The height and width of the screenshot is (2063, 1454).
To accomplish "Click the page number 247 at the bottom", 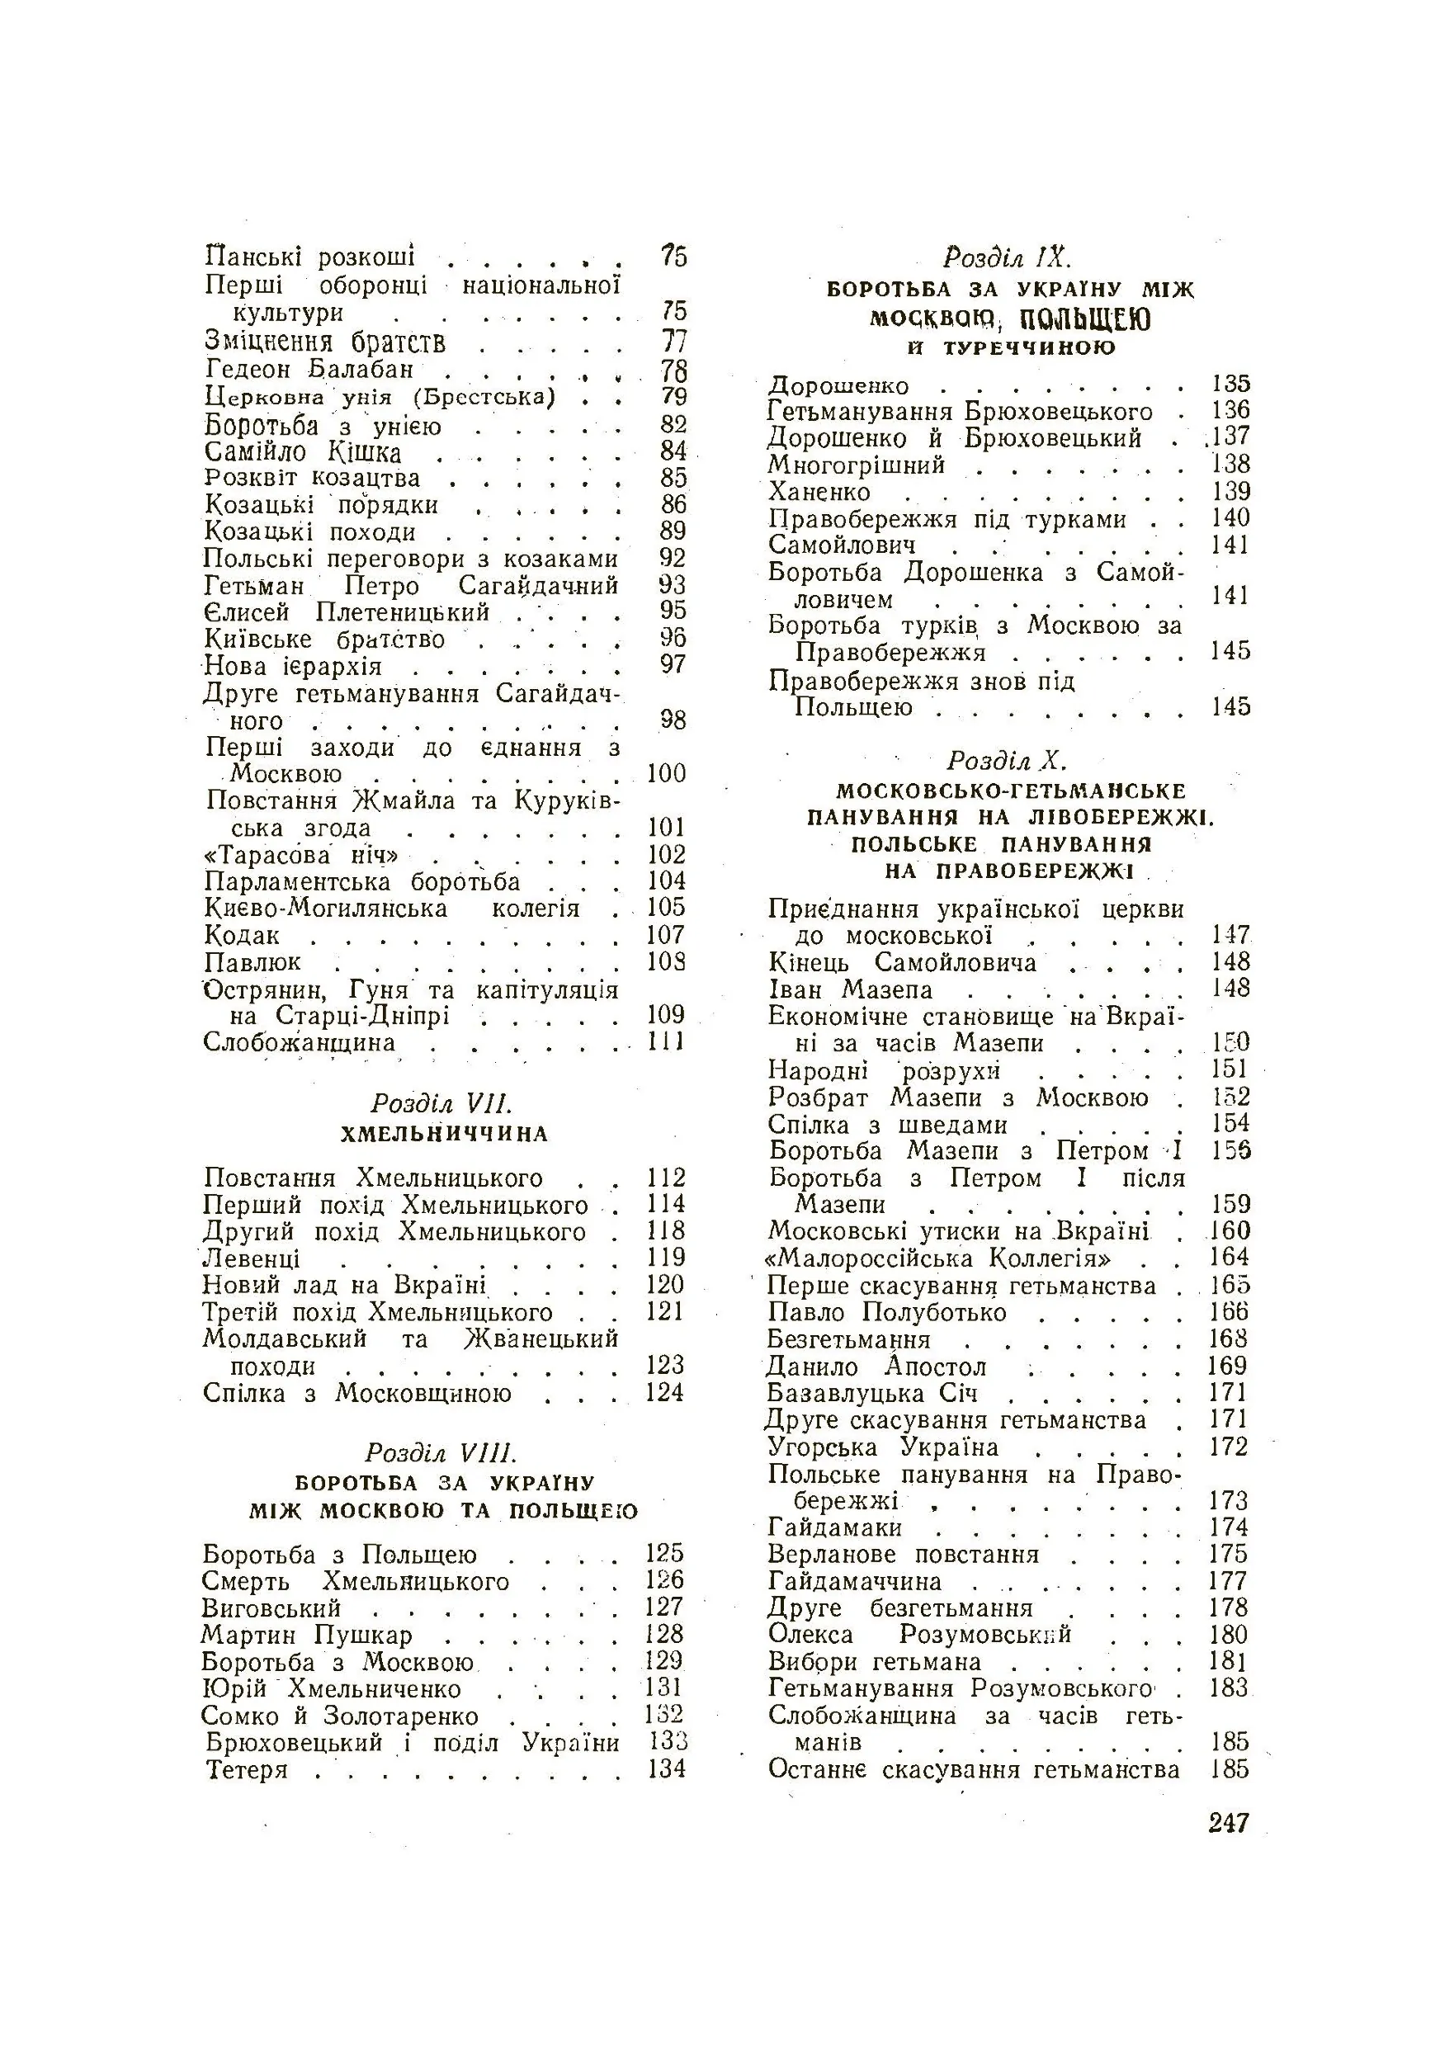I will [1229, 1822].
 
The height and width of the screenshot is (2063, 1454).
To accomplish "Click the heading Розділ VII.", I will [441, 1103].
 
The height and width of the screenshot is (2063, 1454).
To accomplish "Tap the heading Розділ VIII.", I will [441, 1453].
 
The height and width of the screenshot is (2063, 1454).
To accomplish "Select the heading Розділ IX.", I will [1008, 257].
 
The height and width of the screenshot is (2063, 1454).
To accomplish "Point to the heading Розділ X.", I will [1008, 761].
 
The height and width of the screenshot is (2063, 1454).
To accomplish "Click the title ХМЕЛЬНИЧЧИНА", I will [444, 1134].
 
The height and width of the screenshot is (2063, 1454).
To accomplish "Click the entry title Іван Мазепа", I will [850, 990].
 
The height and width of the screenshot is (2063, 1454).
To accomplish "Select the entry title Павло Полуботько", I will [887, 1313].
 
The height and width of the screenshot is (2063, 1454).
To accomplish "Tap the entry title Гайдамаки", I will [835, 1527].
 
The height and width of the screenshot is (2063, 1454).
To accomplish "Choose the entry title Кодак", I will [242, 935].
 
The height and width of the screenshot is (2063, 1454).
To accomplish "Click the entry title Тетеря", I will [246, 1770].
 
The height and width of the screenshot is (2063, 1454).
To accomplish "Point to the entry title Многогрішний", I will [856, 465].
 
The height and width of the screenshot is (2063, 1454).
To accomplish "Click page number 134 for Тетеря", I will [667, 1769].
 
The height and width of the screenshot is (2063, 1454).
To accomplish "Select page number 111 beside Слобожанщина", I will [667, 1042].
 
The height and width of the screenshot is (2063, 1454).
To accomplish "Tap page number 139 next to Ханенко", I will [1230, 492].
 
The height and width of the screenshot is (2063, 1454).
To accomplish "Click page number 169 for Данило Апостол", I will [1228, 1366].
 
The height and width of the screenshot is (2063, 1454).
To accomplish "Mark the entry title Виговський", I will [271, 1608].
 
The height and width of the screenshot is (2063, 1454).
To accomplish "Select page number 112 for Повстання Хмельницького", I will [667, 1178].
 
